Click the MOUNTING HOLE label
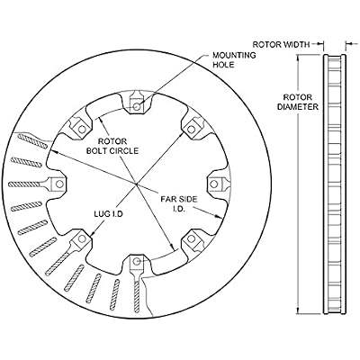234,59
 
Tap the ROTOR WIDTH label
281,45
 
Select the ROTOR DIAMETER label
298,102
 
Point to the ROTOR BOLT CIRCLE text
112,146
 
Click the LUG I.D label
109,214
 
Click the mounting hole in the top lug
137,106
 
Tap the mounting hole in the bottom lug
137,262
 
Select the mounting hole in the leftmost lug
59,184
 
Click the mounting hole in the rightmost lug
214,184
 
